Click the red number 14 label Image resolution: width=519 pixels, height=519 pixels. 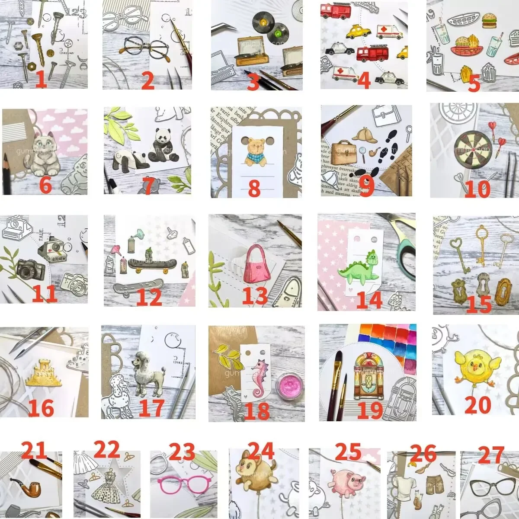pos(369,299)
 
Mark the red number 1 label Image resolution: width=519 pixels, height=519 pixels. pos(41,79)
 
